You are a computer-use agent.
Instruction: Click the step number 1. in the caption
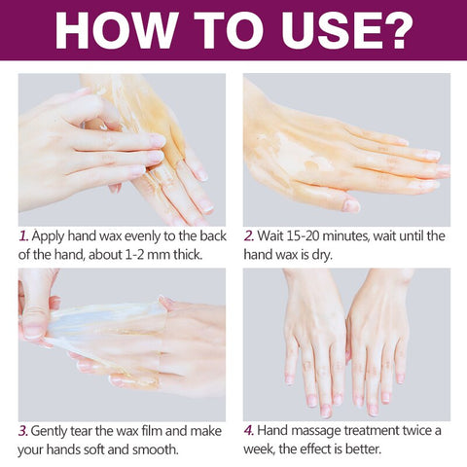pyautogui.click(x=23, y=235)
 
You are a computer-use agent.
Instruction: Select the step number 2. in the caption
pyautogui.click(x=249, y=235)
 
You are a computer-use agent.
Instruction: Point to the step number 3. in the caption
pyautogui.click(x=23, y=430)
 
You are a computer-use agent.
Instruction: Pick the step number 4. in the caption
pyautogui.click(x=249, y=430)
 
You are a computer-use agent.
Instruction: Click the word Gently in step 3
pyautogui.click(x=52, y=430)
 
